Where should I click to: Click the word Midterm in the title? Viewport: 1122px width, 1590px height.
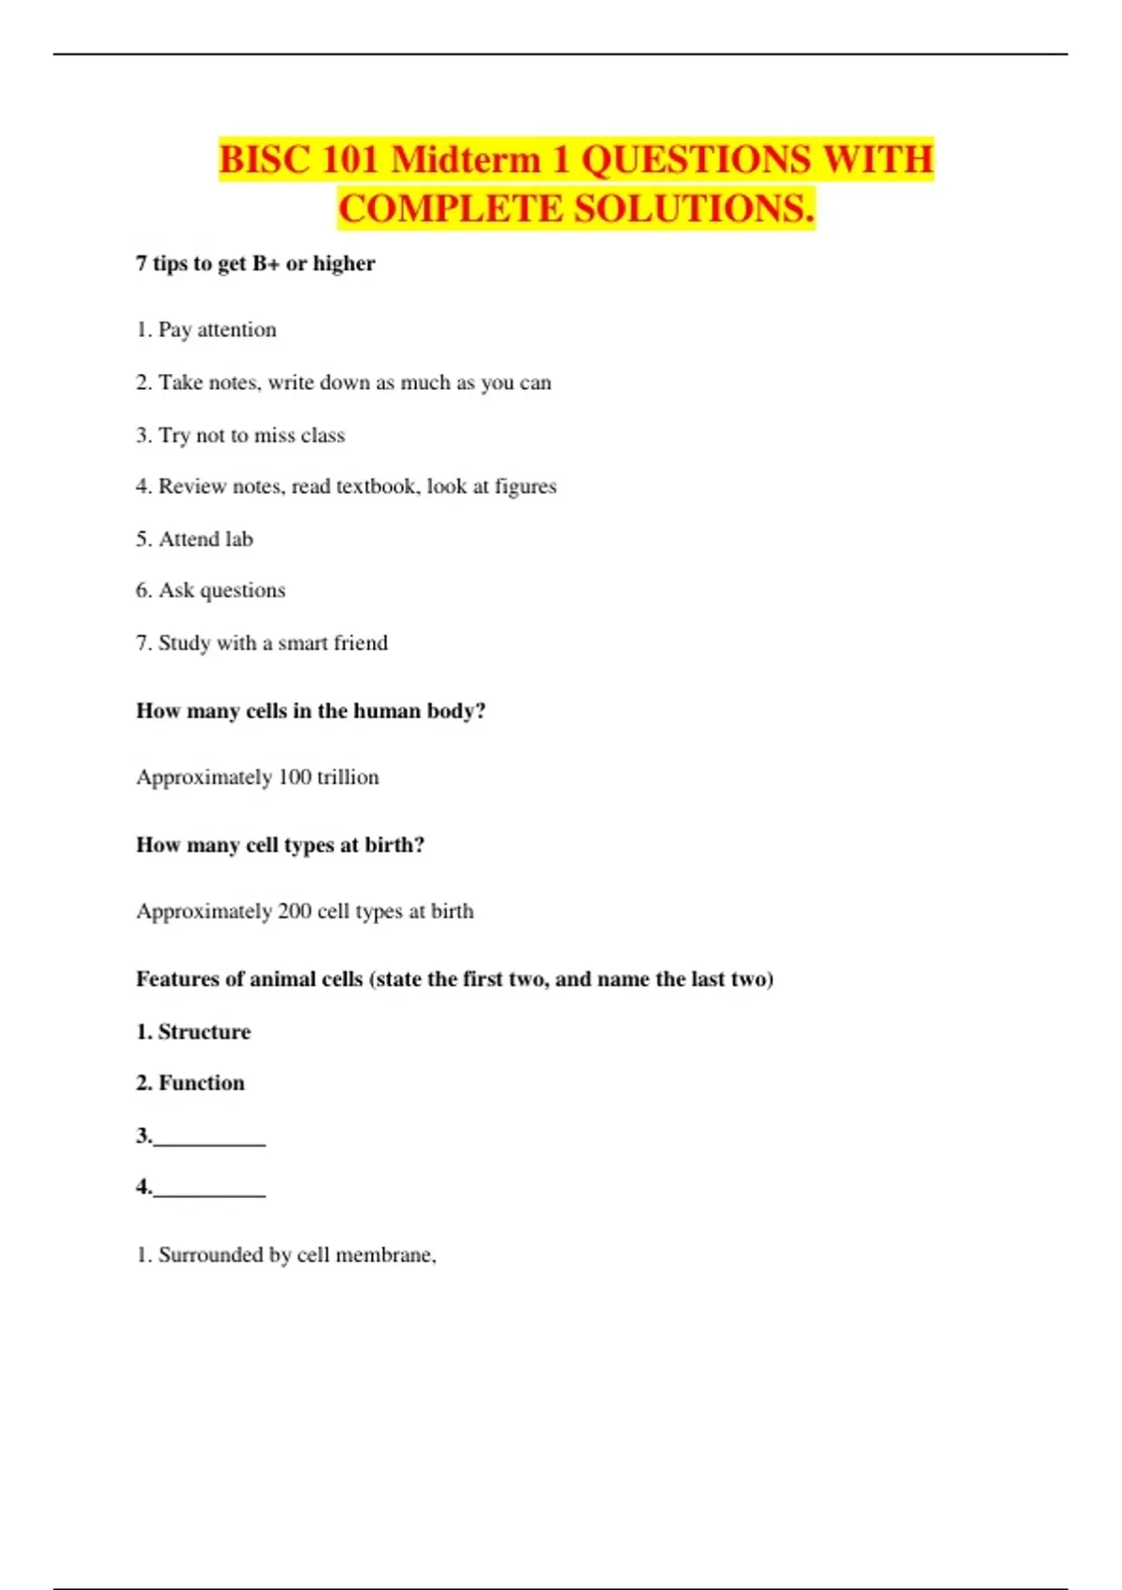(x=466, y=159)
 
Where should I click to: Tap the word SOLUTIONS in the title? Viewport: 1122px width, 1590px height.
(x=693, y=209)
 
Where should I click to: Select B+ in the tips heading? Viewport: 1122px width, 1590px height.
(x=266, y=264)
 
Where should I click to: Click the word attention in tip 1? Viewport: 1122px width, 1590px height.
(x=237, y=330)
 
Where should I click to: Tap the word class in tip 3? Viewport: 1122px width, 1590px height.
(x=323, y=436)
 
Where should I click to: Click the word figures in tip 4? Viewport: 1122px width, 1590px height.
(x=525, y=486)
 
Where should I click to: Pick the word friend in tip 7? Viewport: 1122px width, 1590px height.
(x=360, y=643)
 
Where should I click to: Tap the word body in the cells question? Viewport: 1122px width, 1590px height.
(x=456, y=711)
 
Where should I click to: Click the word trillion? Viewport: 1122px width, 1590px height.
(x=348, y=777)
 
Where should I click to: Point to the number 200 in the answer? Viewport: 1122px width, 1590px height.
(x=295, y=911)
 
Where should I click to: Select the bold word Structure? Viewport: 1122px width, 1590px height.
(x=204, y=1032)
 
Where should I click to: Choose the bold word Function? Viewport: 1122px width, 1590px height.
(x=201, y=1083)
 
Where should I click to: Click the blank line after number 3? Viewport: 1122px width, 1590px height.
(x=209, y=1139)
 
